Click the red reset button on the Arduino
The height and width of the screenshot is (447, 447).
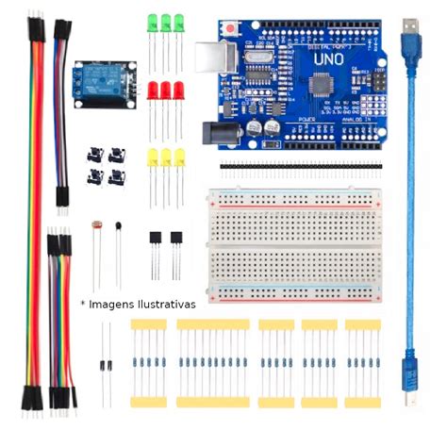coord(230,31)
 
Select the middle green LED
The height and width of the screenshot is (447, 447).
coord(166,22)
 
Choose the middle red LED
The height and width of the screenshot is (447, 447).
coord(166,91)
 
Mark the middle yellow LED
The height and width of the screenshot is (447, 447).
coord(166,156)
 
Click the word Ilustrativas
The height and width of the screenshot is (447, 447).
coord(161,304)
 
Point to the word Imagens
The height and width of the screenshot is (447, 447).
coord(110,304)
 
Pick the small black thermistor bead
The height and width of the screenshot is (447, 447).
coord(119,225)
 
